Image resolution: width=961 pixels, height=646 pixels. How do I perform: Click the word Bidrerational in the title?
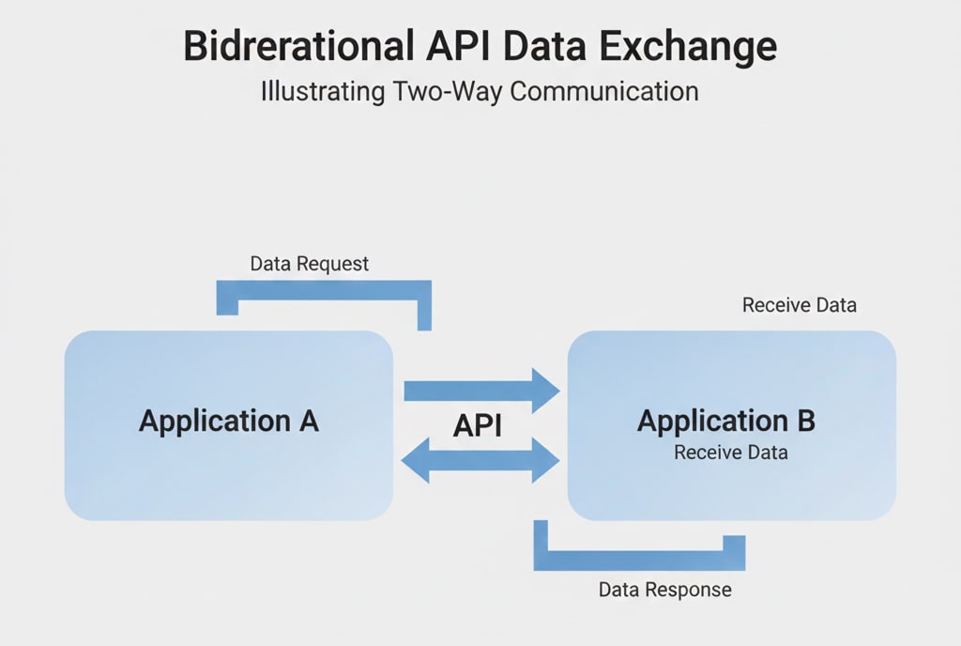297,46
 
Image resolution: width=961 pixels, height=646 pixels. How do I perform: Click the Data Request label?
310,264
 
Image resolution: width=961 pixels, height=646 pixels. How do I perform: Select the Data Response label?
664,591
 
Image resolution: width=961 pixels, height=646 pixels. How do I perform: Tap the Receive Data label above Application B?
799,305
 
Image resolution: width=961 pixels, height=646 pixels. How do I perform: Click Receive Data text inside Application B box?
730,453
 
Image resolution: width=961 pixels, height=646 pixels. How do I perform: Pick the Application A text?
229,421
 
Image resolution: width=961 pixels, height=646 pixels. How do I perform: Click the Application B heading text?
725,421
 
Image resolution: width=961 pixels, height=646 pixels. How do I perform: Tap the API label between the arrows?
478,425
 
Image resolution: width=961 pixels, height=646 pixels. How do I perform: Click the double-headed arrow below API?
480,460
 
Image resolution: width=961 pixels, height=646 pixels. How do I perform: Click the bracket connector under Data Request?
324,289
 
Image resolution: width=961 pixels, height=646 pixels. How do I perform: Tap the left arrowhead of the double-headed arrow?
416,460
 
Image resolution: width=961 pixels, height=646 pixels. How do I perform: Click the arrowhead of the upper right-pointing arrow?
545,390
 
